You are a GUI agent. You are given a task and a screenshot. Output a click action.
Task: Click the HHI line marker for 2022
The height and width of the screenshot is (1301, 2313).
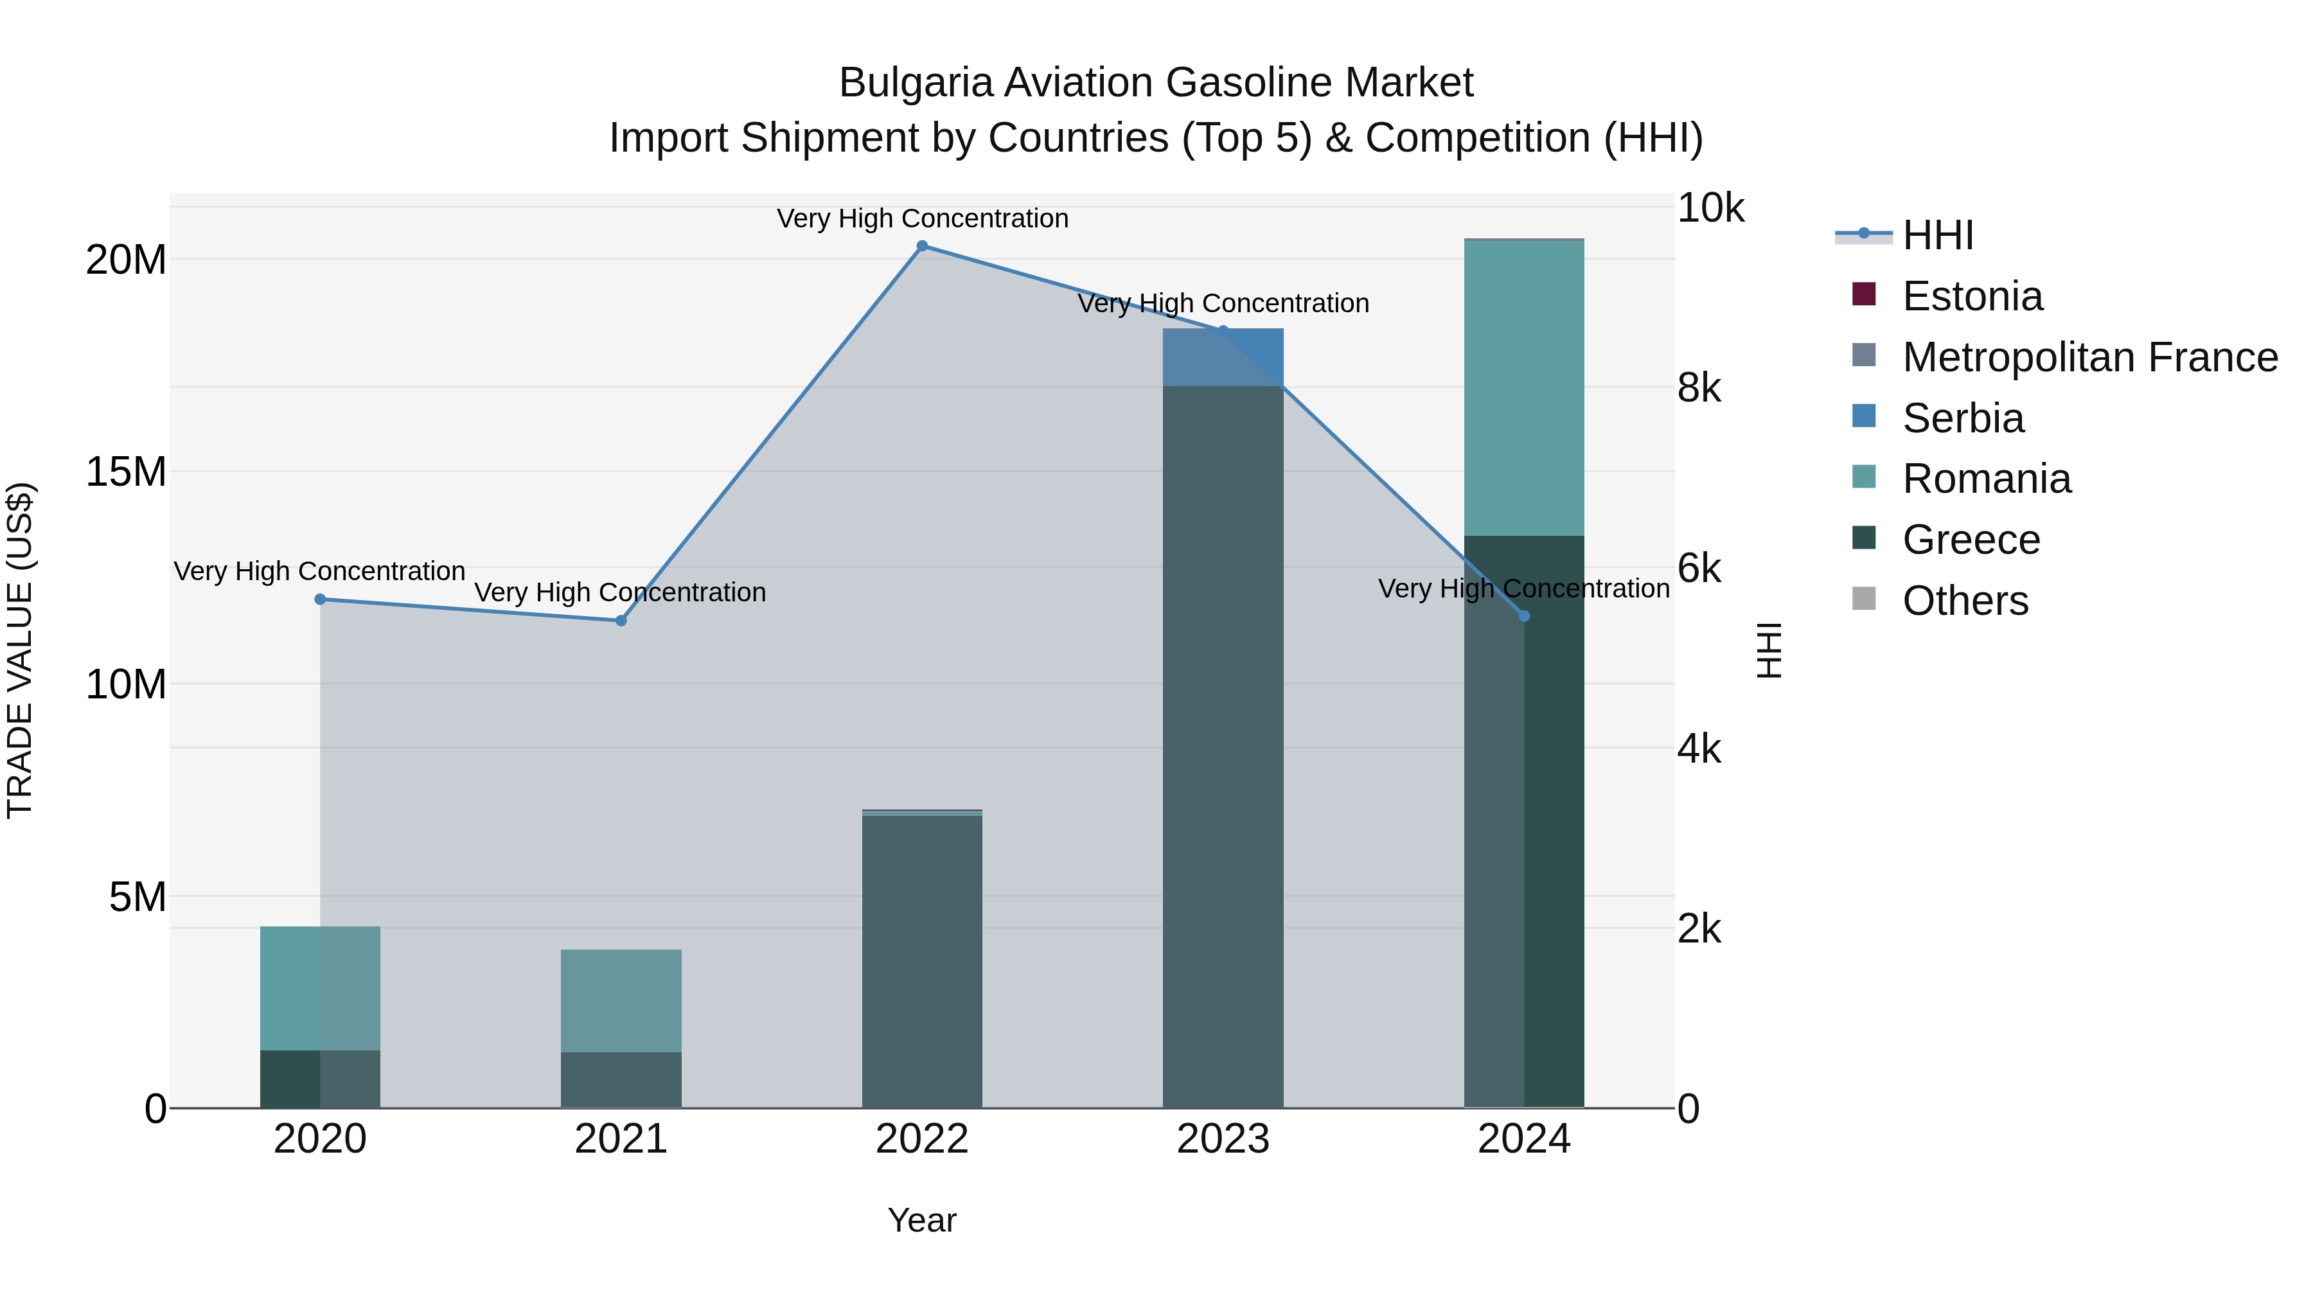point(922,246)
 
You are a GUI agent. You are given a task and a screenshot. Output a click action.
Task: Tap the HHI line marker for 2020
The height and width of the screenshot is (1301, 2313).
point(320,599)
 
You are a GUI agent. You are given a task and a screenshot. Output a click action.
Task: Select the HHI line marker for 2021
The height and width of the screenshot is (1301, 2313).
point(621,621)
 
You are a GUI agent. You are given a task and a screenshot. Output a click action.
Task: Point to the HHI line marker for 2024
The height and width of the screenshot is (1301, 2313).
point(1524,616)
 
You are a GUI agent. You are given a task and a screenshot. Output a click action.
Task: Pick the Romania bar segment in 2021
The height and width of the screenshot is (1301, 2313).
point(621,1000)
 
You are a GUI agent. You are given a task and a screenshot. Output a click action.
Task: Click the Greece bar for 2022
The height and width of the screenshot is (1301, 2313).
point(922,960)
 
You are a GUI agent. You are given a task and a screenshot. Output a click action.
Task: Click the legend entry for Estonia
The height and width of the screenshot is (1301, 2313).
point(1972,296)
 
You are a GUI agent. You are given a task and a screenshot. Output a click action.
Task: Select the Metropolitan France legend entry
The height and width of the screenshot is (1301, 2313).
point(2089,357)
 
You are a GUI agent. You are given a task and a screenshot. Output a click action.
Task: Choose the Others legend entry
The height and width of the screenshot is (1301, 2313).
point(1965,601)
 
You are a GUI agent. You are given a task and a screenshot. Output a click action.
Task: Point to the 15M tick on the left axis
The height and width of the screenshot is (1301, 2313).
point(126,472)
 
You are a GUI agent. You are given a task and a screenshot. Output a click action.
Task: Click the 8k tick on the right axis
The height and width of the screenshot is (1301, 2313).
point(1699,388)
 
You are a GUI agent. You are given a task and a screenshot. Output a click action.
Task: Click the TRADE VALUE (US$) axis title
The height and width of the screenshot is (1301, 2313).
point(20,650)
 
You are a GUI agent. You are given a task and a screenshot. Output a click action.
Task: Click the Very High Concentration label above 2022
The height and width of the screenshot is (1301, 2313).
point(922,218)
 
